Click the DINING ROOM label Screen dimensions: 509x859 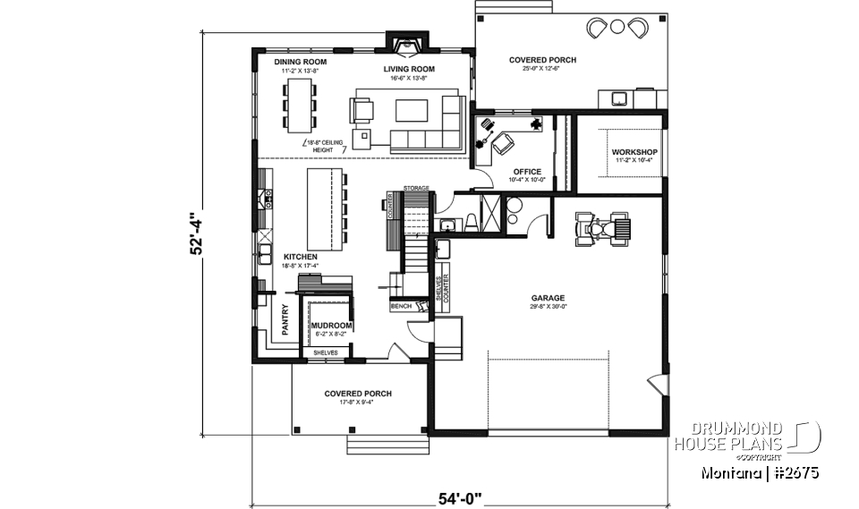click(x=300, y=63)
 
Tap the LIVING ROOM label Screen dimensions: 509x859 click(x=409, y=69)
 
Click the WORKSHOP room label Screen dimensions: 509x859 click(x=634, y=153)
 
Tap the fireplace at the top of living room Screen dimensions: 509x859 click(x=409, y=42)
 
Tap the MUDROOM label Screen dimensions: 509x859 click(x=331, y=326)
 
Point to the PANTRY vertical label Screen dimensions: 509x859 click(x=285, y=320)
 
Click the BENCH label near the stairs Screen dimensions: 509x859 click(x=401, y=307)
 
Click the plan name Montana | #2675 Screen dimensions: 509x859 click(x=761, y=472)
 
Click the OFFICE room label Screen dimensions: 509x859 click(x=527, y=172)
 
